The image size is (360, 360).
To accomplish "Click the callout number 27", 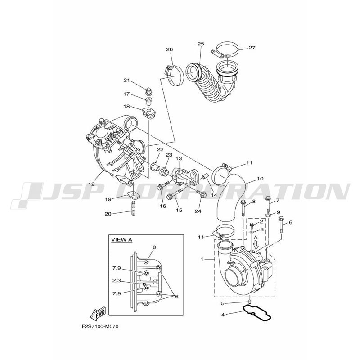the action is pos(252,48).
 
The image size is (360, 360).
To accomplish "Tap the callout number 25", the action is pos(201,44).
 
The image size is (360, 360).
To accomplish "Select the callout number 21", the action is pos(127,81).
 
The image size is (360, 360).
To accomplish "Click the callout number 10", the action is pos(261,179).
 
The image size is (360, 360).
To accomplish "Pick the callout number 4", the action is pos(223,315).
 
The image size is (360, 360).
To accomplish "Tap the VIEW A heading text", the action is pos(121,240).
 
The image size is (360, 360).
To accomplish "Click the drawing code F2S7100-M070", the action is pos(100,326).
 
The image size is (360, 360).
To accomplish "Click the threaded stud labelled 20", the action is pos(134,208).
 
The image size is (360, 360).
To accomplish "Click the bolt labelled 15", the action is pos(175,193).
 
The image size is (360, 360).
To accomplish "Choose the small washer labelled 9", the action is pos(268,215).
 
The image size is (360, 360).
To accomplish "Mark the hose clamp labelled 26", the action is pos(175,76).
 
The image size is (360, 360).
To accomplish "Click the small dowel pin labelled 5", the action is pos(250,301).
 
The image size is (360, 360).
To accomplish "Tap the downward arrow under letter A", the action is pos(256,246).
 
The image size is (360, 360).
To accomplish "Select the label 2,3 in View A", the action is pos(117,280).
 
